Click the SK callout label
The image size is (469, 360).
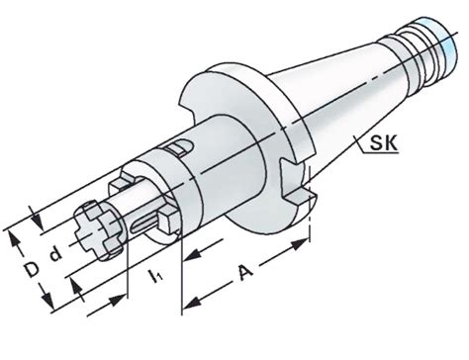tap(384, 142)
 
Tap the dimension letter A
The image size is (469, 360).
tap(246, 272)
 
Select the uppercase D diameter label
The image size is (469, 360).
tap(32, 269)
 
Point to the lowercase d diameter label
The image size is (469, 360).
tap(55, 254)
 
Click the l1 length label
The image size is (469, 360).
tap(155, 276)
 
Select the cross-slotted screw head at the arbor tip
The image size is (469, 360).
tap(98, 229)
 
